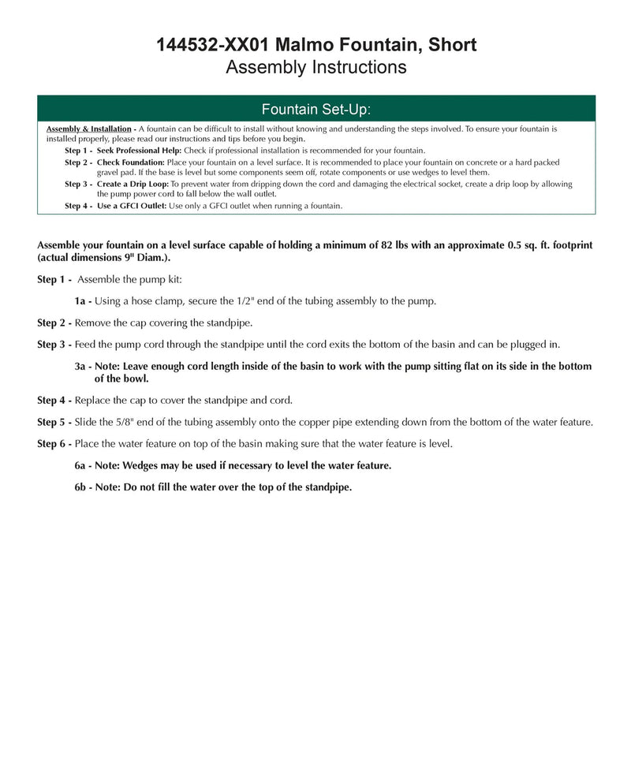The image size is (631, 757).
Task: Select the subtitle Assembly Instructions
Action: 315,67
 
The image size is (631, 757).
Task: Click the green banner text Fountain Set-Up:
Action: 315,108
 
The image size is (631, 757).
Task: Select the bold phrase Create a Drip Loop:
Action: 133,184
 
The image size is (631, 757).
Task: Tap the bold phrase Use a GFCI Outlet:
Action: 132,206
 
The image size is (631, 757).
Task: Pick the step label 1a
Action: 82,300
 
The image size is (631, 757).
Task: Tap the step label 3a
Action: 83,367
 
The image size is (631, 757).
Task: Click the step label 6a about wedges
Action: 83,465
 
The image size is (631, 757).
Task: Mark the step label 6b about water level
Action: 83,487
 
